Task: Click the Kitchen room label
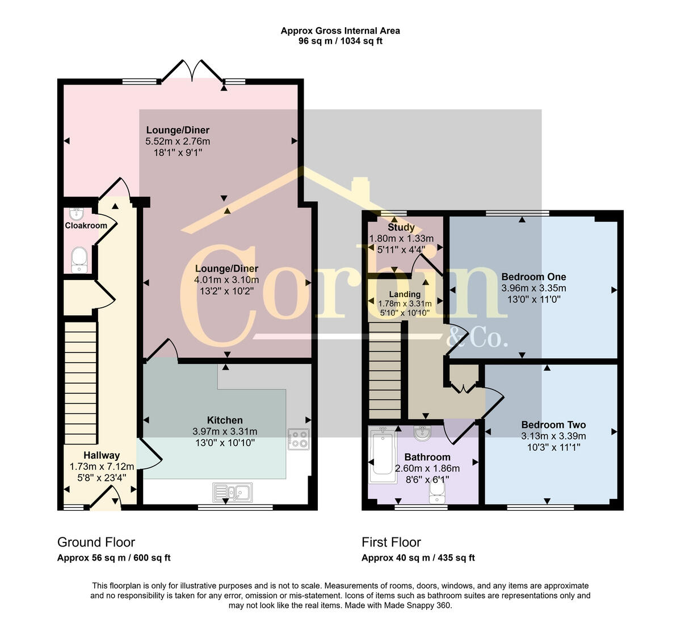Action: click(x=225, y=420)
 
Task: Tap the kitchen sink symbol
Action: click(x=233, y=491)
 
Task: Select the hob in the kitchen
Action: click(x=299, y=439)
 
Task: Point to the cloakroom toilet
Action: click(x=79, y=260)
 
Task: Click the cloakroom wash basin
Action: click(x=76, y=214)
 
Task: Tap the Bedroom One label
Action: click(x=533, y=277)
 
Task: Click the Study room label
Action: click(x=401, y=227)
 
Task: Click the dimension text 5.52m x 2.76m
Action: click(x=178, y=141)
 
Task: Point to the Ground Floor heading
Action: click(x=96, y=542)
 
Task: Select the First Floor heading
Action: click(x=391, y=542)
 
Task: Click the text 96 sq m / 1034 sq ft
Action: click(x=340, y=41)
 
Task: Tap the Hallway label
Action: click(x=102, y=455)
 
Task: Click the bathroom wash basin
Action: click(x=422, y=434)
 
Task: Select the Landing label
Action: click(x=405, y=294)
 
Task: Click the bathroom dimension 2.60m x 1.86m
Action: click(x=427, y=468)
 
